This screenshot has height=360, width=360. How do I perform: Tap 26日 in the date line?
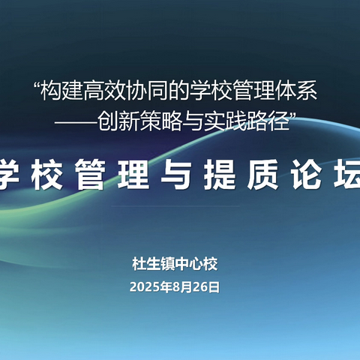(208, 286)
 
